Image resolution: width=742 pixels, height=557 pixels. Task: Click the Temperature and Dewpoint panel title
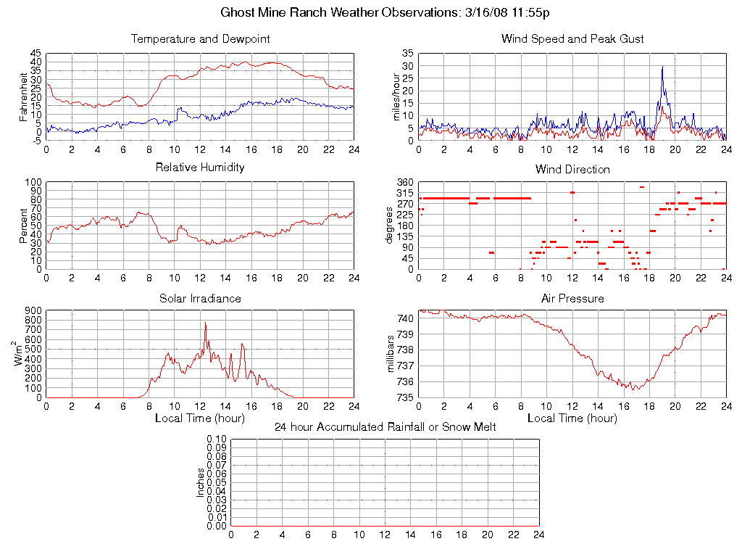pos(200,39)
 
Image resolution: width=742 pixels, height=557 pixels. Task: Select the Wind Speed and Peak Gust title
pos(572,39)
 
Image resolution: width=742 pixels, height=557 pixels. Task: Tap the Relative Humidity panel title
pos(200,168)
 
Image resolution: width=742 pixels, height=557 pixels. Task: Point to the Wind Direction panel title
pos(572,170)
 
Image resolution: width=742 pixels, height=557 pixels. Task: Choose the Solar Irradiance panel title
pos(200,299)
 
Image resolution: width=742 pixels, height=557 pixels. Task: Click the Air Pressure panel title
pos(572,299)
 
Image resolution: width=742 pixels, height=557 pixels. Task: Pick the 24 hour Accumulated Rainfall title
pos(385,427)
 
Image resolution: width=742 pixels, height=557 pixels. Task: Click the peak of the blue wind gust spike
pos(662,67)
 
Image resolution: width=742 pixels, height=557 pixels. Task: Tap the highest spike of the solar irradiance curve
pos(206,323)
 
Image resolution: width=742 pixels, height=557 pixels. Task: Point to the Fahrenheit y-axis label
pos(23,97)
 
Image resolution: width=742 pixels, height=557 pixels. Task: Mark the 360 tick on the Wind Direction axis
pos(404,182)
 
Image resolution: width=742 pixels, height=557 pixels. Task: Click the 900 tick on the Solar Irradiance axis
pos(34,310)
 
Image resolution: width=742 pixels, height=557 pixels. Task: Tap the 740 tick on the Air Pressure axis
pos(404,318)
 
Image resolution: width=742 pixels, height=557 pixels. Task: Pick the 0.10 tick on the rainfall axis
pos(217,440)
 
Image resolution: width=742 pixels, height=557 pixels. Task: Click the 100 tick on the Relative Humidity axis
pos(34,182)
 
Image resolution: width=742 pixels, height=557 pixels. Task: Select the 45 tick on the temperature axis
pos(36,54)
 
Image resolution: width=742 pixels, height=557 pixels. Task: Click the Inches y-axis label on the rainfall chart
pos(201,482)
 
